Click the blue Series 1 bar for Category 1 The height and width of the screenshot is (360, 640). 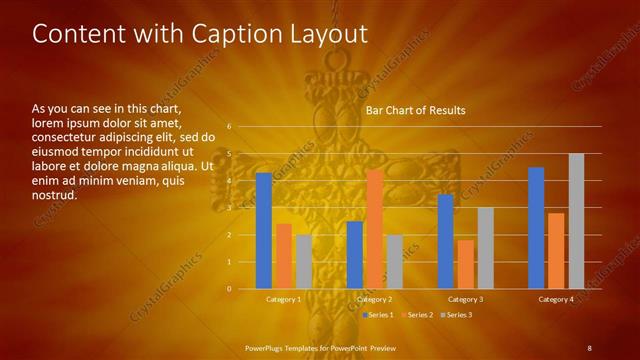264,231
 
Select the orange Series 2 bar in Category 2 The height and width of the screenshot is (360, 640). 374,229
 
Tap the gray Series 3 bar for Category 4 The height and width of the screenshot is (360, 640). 576,221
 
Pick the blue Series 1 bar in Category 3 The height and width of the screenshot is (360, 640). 445,241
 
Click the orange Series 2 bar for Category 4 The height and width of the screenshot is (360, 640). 556,250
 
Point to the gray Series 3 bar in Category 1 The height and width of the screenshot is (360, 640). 303,261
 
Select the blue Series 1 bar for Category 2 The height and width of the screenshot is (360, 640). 355,254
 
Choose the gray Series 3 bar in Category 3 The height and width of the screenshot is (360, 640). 485,248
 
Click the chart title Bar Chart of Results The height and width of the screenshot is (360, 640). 415,110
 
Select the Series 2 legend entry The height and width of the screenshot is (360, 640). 417,315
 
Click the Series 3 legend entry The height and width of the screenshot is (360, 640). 456,315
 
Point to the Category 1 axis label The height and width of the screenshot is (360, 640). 284,299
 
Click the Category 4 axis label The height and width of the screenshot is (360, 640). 556,299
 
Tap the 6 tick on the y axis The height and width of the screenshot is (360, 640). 229,127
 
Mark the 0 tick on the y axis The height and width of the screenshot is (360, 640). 229,288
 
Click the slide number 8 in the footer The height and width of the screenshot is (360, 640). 589,347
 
